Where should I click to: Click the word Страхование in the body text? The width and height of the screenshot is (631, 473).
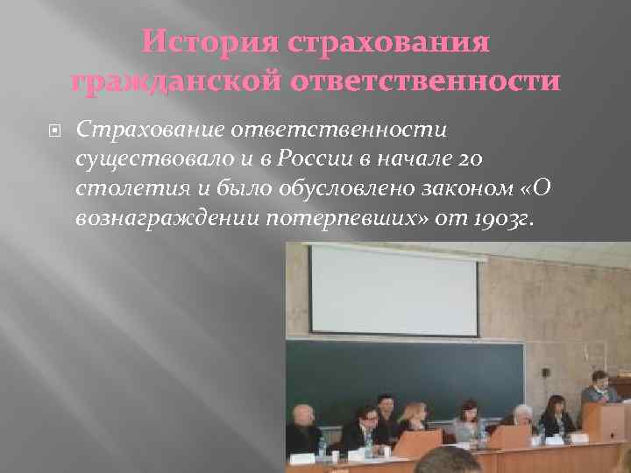(x=150, y=130)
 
